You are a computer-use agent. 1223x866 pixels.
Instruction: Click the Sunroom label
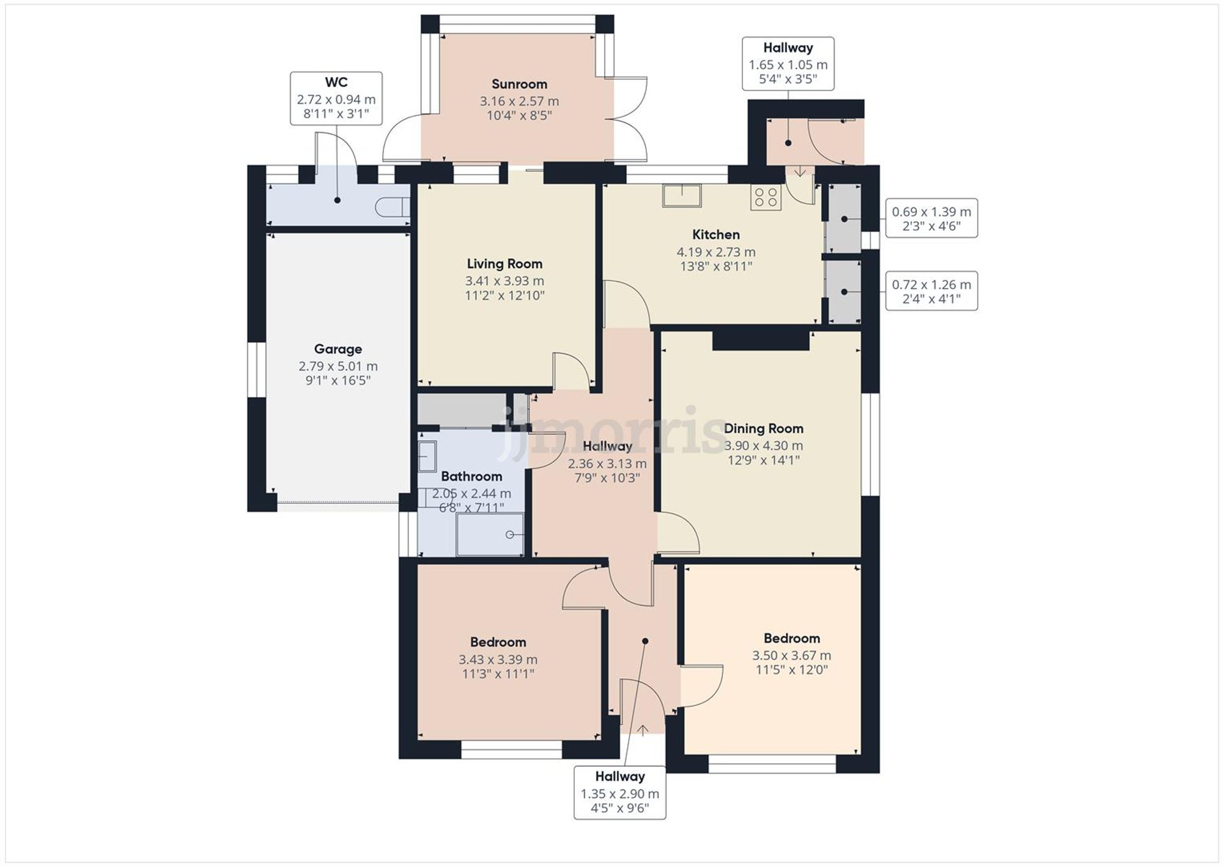point(519,84)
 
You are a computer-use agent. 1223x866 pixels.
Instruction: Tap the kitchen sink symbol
point(682,196)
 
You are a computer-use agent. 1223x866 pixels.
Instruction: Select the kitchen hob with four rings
point(766,197)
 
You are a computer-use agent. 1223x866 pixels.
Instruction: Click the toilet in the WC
point(393,207)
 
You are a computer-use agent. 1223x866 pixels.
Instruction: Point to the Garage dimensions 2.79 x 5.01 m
point(338,367)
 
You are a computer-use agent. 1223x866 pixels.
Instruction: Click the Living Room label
point(504,264)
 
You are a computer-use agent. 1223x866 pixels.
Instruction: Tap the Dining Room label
point(763,428)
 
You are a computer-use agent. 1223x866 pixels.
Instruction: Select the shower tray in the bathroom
point(490,534)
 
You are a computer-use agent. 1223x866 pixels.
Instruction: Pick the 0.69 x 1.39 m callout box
point(931,218)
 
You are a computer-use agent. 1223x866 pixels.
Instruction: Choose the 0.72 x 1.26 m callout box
point(931,291)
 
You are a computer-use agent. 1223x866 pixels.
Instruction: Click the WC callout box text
point(336,99)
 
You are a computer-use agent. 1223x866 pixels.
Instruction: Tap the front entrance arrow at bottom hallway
point(643,730)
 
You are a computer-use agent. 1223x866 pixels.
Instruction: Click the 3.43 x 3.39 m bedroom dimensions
point(498,660)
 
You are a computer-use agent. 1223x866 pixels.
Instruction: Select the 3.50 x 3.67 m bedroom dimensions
point(791,655)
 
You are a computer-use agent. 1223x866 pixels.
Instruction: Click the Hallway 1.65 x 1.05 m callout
point(788,64)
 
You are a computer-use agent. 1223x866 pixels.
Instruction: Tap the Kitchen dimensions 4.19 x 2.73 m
point(715,252)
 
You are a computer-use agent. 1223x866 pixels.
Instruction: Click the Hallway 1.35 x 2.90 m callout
point(619,793)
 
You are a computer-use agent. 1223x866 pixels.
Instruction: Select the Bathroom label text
point(471,476)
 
